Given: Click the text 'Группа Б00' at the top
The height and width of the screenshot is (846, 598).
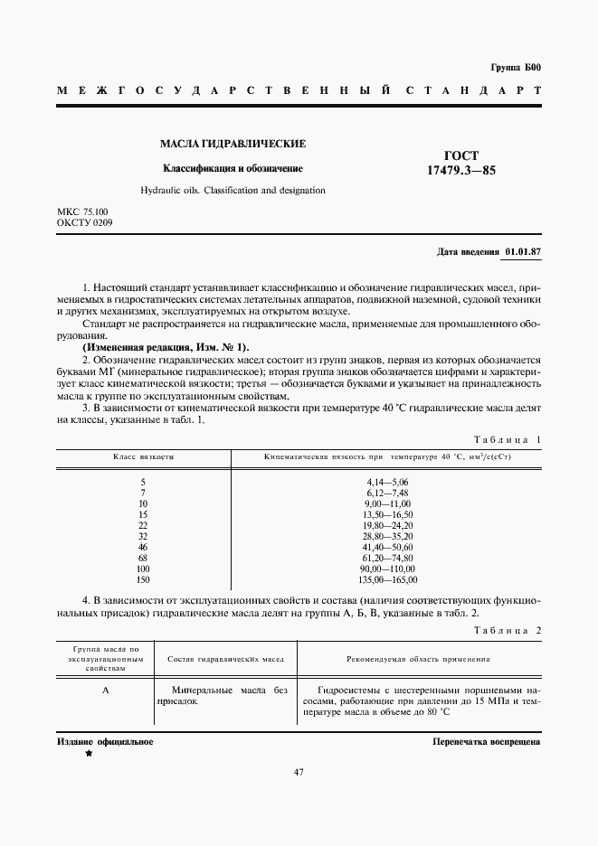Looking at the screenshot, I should click(514, 68).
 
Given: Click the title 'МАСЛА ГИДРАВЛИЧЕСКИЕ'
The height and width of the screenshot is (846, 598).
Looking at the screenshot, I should click(233, 144).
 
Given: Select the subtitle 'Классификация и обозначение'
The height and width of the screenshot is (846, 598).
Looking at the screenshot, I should click(233, 168).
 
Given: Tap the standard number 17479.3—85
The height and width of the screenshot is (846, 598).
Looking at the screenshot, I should click(460, 170).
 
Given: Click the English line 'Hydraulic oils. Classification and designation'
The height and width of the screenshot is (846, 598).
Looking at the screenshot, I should click(233, 191).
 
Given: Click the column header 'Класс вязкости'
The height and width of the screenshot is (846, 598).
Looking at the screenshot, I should click(143, 458).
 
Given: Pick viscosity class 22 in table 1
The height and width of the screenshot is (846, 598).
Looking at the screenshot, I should click(143, 524).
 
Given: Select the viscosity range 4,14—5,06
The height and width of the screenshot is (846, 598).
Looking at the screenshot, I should click(388, 482).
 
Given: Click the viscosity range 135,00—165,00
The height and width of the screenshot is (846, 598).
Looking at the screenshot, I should click(388, 579).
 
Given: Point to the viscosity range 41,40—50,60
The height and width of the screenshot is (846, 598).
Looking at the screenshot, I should click(388, 547).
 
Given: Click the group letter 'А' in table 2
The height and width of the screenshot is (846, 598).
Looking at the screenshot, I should click(105, 691).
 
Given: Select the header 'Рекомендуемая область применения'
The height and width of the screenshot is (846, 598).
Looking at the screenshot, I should click(418, 660).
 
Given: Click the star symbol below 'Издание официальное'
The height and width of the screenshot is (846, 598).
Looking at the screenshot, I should click(88, 753).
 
